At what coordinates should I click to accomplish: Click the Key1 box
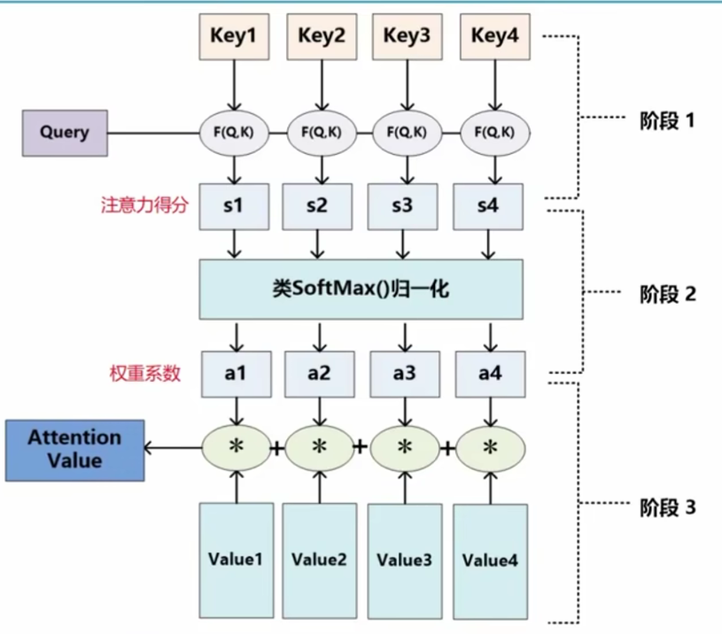(234, 37)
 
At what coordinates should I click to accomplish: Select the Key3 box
(407, 37)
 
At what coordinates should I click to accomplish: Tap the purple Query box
(65, 133)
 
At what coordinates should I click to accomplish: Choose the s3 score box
(404, 206)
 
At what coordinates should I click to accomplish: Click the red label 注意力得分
(142, 205)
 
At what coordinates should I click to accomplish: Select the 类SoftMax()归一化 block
(361, 289)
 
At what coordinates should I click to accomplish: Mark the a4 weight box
(490, 373)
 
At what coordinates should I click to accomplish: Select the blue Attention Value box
(74, 449)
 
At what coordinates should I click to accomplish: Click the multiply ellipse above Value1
(236, 448)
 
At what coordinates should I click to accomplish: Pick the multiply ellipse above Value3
(405, 448)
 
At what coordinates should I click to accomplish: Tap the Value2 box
(318, 560)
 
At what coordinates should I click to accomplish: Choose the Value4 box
(490, 560)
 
